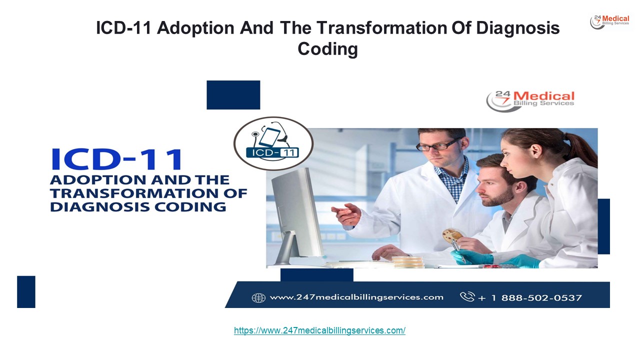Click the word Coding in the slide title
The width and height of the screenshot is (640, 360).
327,49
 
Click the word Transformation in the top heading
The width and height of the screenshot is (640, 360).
382,28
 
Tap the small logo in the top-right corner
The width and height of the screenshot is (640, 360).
609,21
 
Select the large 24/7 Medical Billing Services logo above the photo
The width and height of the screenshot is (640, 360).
530,101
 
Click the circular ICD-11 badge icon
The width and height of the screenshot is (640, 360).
273,143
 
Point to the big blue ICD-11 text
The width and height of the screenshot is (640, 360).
116,159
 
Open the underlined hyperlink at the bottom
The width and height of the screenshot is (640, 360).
319,330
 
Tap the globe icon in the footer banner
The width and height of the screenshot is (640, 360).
258,298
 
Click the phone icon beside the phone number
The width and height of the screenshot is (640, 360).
467,296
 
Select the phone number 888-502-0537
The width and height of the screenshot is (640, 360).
541,298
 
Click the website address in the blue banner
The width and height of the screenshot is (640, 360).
356,297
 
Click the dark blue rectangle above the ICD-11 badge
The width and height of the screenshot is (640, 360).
233,95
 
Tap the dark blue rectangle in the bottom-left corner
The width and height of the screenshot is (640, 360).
26,291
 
